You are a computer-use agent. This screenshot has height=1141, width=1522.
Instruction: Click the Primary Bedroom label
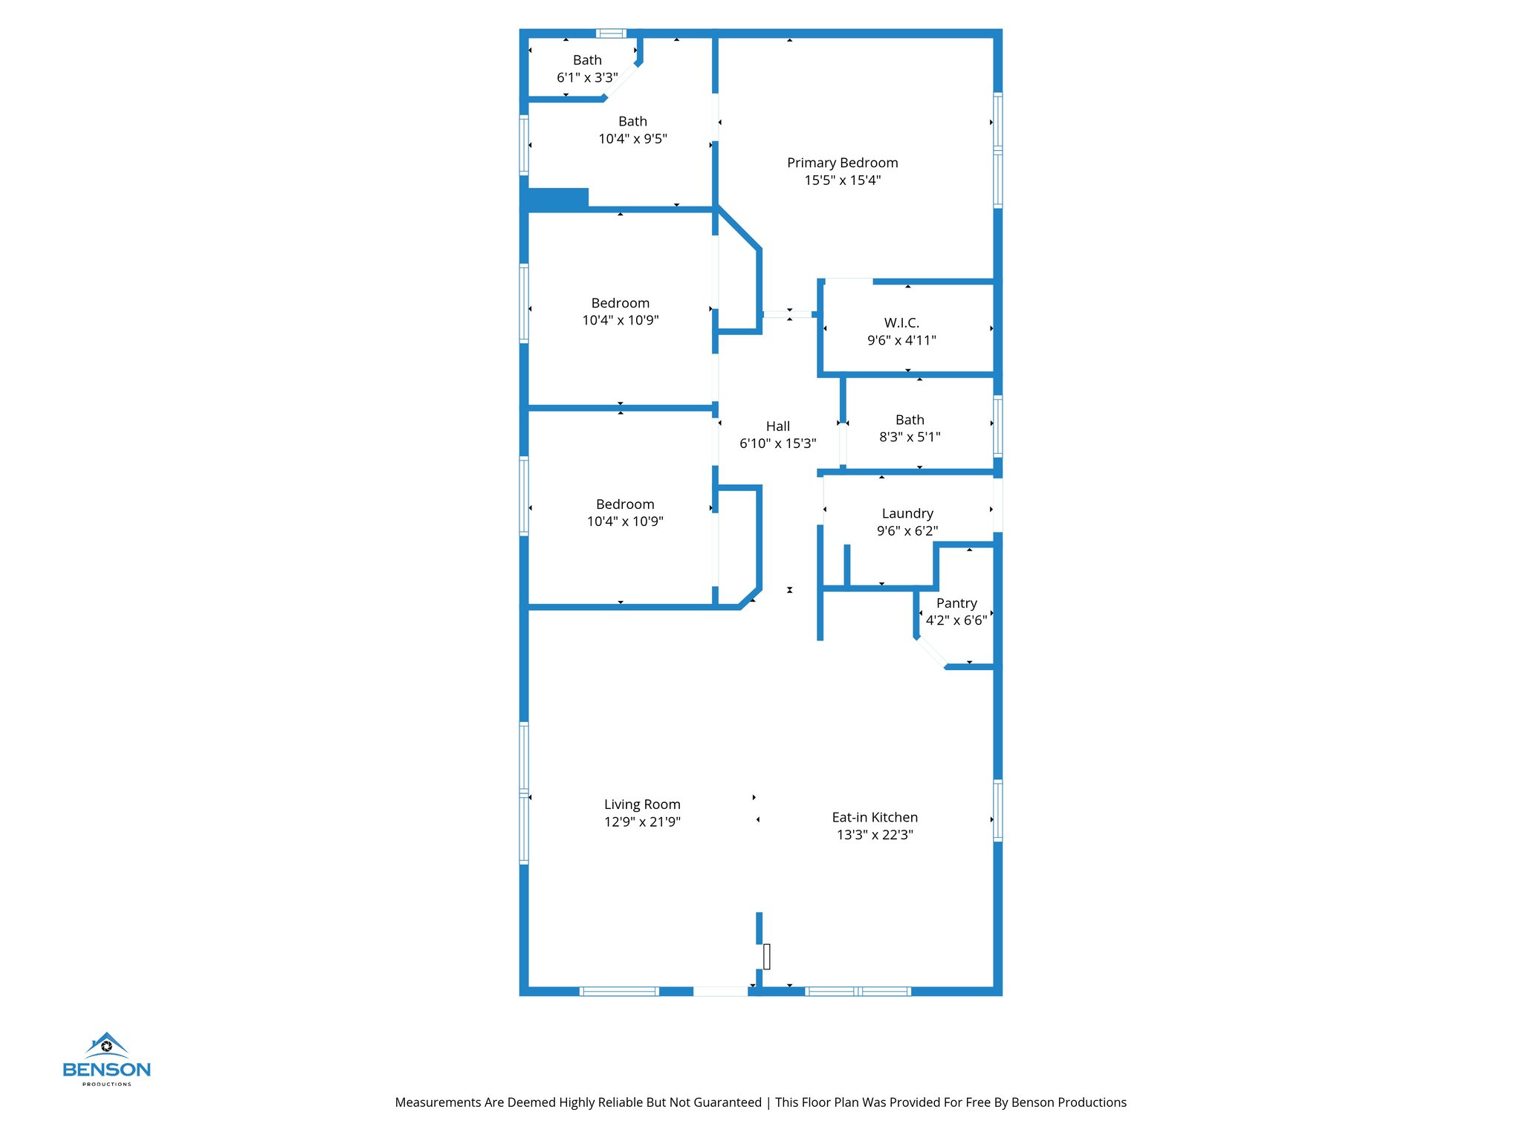(x=842, y=163)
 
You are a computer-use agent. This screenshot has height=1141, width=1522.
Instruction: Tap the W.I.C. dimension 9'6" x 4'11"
(x=901, y=340)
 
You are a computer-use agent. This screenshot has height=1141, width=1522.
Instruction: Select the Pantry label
(x=956, y=603)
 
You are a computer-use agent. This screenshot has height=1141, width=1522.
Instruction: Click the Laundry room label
(x=907, y=513)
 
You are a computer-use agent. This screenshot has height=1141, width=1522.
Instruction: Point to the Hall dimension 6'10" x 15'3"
(x=777, y=443)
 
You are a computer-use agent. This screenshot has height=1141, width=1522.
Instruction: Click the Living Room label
(x=642, y=804)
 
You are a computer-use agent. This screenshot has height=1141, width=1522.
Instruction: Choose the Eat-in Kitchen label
(x=875, y=817)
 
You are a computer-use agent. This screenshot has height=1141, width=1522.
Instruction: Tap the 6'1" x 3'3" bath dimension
(x=587, y=77)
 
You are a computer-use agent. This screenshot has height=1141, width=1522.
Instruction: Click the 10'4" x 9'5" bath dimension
(x=632, y=139)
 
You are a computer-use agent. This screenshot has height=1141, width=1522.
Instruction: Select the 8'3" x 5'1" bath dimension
(x=910, y=438)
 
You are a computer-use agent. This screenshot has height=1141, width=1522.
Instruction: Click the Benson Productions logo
(x=107, y=1059)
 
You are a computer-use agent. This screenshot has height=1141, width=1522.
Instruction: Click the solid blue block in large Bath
(x=557, y=198)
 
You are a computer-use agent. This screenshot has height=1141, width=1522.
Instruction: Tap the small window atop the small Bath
(x=611, y=33)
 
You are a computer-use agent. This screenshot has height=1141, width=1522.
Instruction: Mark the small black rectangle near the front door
(x=766, y=956)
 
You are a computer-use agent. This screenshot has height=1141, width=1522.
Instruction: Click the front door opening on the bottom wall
(x=720, y=991)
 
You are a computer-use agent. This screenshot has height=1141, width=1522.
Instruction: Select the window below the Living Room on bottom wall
(x=619, y=991)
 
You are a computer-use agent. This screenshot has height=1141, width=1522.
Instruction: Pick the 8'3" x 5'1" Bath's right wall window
(x=997, y=426)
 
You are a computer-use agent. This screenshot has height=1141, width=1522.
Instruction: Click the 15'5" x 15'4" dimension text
(x=842, y=181)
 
